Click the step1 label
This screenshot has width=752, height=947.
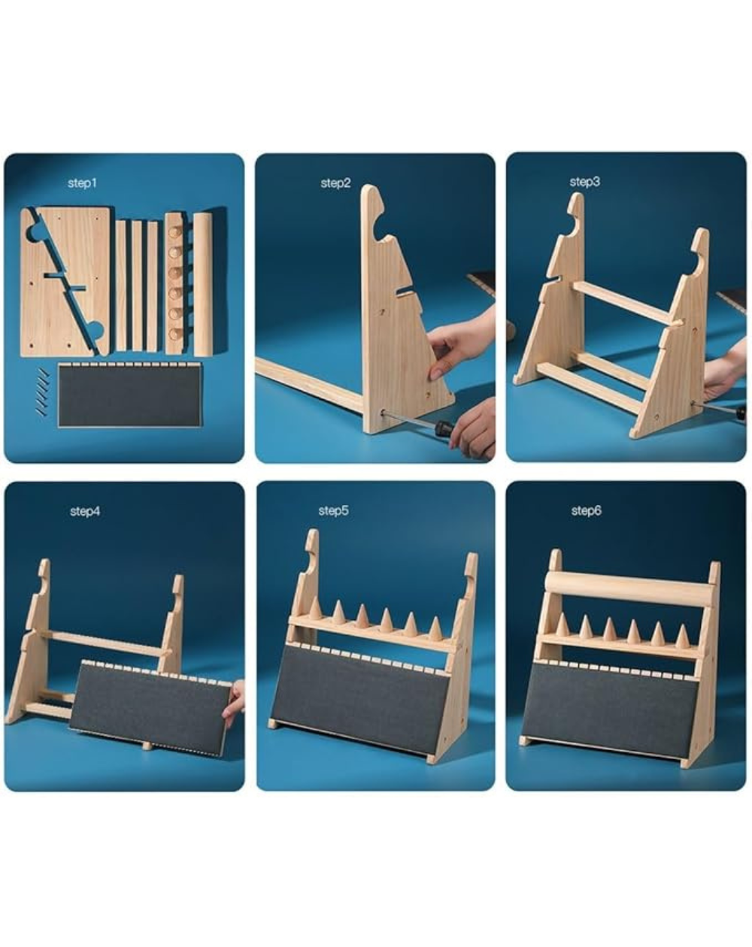(82, 183)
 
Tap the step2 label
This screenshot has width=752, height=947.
(335, 183)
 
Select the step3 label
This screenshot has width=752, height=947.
(585, 181)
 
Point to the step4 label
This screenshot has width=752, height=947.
(85, 511)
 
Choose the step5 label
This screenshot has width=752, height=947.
(333, 510)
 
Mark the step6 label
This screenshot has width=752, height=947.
(586, 510)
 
